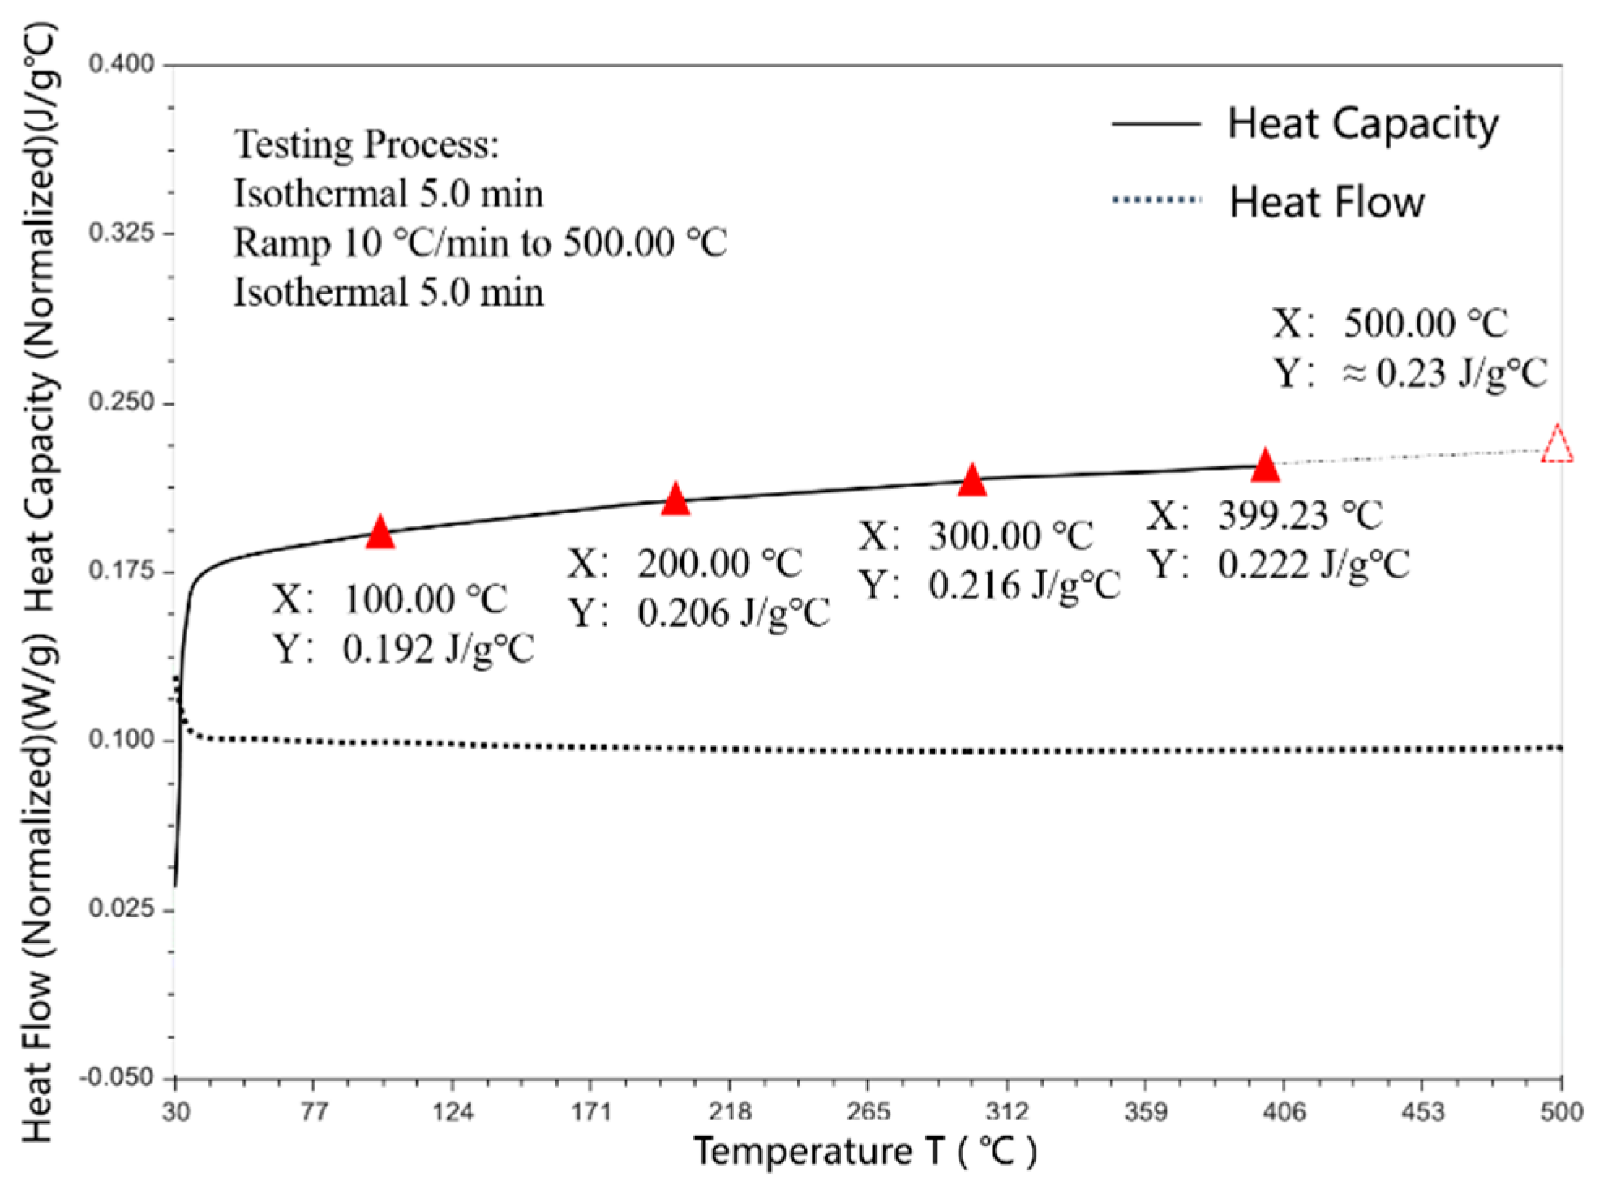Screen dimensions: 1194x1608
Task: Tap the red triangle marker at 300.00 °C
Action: [971, 482]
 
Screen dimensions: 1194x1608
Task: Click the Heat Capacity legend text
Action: [1362, 124]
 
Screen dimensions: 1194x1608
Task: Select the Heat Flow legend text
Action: [1327, 202]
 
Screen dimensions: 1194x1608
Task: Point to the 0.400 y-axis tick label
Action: [122, 63]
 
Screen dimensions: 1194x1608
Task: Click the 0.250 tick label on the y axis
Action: [122, 402]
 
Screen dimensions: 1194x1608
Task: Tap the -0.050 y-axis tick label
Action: [118, 1077]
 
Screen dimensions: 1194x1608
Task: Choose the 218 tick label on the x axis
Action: [730, 1111]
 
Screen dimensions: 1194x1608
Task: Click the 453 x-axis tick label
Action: [1422, 1111]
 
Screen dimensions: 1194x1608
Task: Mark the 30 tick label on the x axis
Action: [175, 1111]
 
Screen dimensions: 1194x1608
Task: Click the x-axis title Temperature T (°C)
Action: [864, 1152]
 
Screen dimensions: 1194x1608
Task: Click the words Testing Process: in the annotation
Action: [367, 145]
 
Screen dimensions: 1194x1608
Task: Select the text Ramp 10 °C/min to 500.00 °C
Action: [480, 243]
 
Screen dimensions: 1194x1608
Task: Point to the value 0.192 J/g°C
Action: [438, 650]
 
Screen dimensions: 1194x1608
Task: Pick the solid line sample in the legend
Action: [1156, 124]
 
